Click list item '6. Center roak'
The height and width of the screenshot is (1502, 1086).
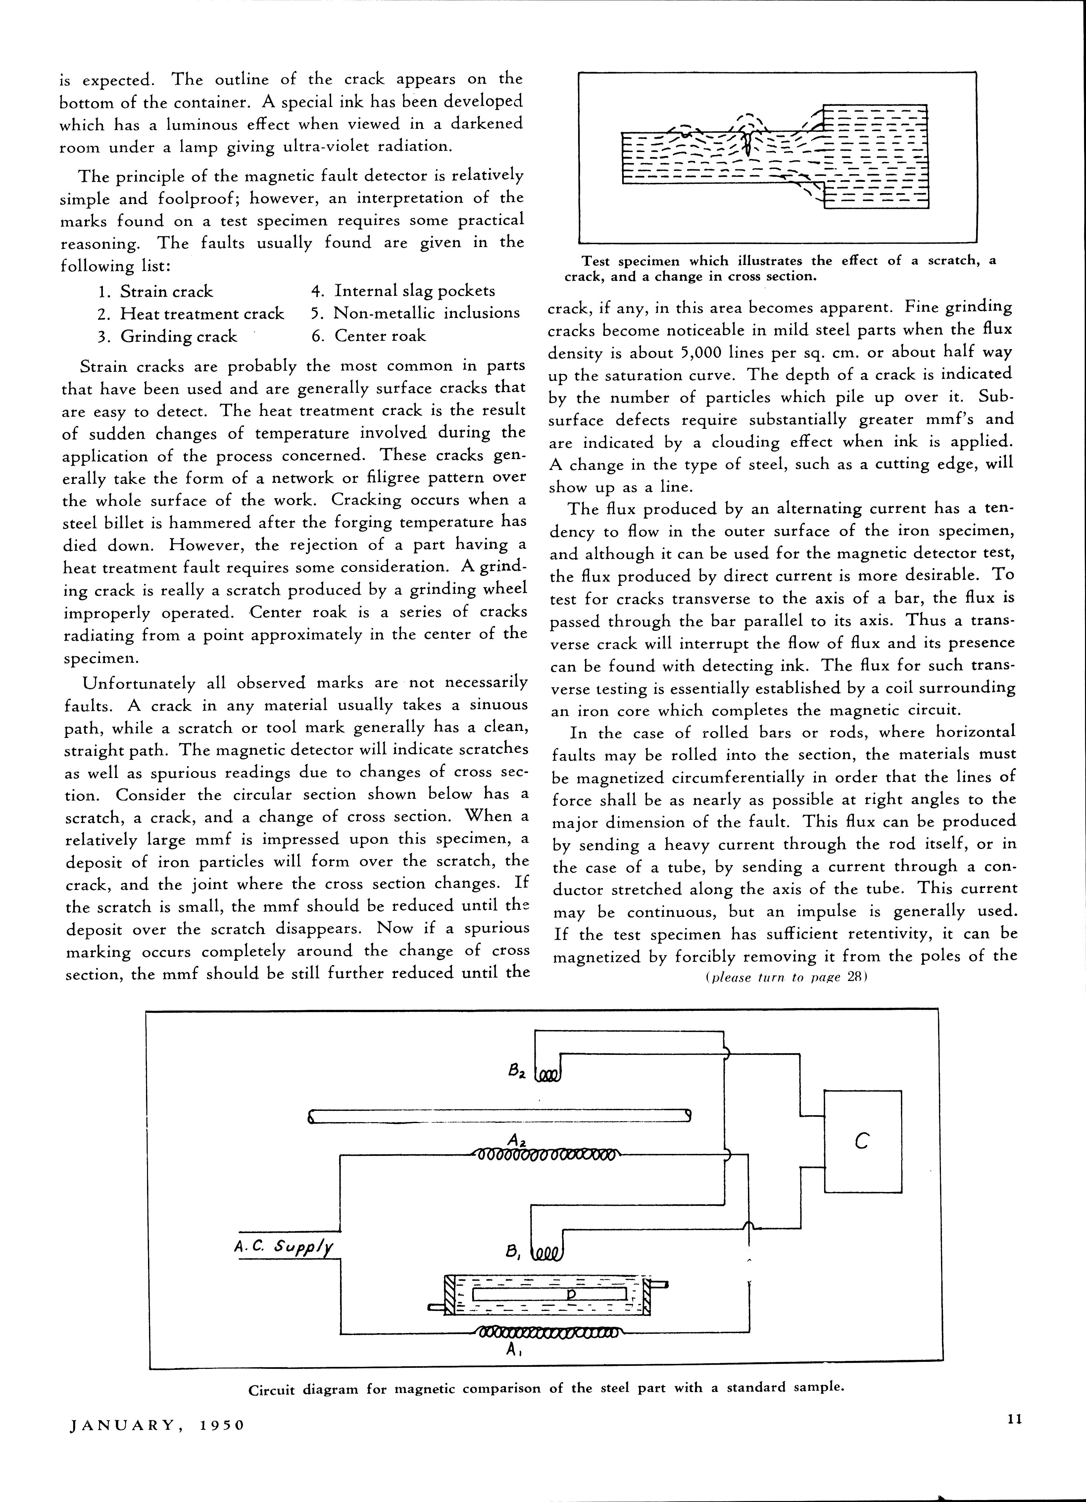[369, 336]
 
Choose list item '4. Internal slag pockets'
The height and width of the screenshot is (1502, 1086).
[403, 291]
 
